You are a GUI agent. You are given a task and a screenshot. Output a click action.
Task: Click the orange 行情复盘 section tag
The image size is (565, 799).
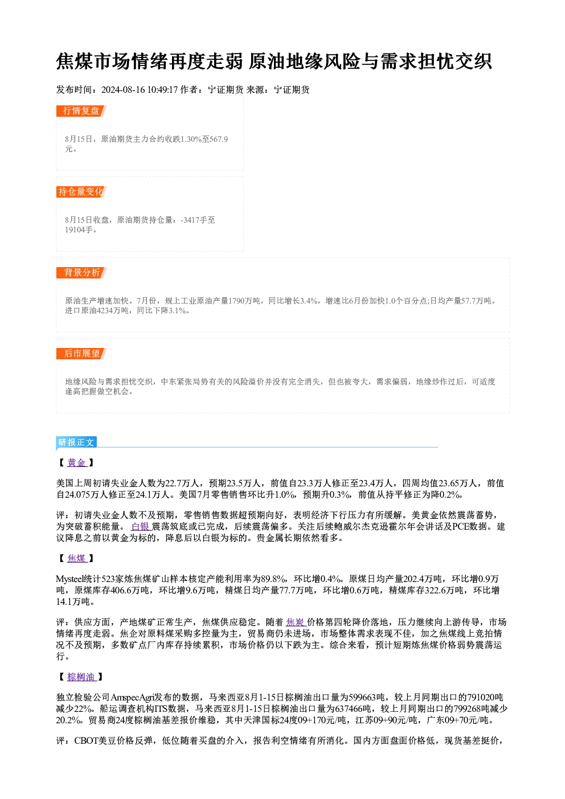point(81,111)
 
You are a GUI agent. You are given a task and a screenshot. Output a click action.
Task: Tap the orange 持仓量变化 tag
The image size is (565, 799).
point(81,192)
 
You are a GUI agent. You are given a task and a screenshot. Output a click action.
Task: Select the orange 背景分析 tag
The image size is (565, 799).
point(81,273)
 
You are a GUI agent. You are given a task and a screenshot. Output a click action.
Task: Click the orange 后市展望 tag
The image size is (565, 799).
point(81,354)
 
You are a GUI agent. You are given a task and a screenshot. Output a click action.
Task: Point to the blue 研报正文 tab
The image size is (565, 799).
point(76,442)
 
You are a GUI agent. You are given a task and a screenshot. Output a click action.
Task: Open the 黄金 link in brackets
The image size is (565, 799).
point(77,462)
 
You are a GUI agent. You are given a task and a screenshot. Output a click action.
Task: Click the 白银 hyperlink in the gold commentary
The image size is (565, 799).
point(141,526)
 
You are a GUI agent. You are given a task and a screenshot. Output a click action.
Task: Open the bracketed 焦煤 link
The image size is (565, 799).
point(77,558)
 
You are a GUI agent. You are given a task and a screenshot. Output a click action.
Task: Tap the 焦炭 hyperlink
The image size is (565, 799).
point(296,622)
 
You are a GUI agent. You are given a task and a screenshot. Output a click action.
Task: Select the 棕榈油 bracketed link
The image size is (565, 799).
point(81,677)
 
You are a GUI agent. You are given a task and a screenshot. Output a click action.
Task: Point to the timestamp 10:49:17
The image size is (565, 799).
point(162,90)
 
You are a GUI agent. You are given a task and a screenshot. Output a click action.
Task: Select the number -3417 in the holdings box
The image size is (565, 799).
point(190,220)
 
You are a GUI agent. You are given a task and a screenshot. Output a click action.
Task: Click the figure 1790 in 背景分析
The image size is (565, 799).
point(236,301)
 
